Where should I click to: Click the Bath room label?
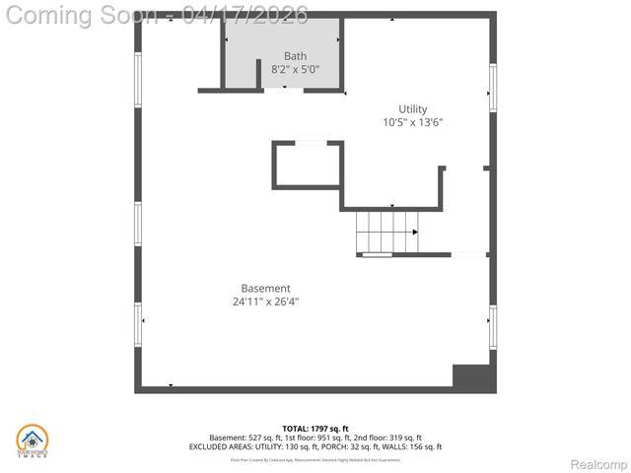coord(295,56)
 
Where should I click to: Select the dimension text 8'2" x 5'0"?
coord(295,70)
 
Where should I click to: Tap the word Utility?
coord(413,109)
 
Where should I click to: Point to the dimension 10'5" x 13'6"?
coord(413,123)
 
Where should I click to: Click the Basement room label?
coord(265,289)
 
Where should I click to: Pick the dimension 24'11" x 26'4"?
coord(265,303)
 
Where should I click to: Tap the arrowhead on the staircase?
coord(415,232)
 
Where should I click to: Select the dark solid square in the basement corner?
coord(472,376)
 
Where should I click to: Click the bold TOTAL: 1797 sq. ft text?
coord(315,429)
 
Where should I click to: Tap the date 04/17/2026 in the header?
coord(245,15)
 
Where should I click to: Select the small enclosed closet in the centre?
coord(308,165)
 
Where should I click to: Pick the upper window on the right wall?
coord(492,87)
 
